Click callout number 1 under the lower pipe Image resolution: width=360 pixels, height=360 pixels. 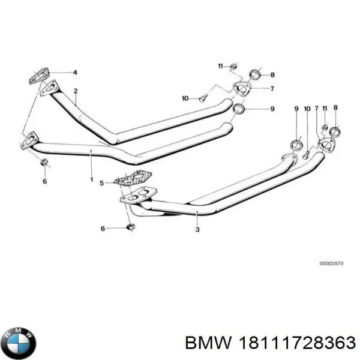coord(91,179)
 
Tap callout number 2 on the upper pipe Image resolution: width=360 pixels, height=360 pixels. coord(76,91)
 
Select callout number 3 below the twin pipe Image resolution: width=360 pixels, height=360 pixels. coord(197,229)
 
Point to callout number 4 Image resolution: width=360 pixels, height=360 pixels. coord(75,73)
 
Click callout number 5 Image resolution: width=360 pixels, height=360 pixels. coord(101,182)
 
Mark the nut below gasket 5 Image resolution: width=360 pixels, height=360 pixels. coord(131,227)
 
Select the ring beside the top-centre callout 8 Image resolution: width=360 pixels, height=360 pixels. coord(254,75)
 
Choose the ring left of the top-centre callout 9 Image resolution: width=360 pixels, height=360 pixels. coord(238,109)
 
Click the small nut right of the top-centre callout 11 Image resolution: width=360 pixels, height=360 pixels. coord(234,65)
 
